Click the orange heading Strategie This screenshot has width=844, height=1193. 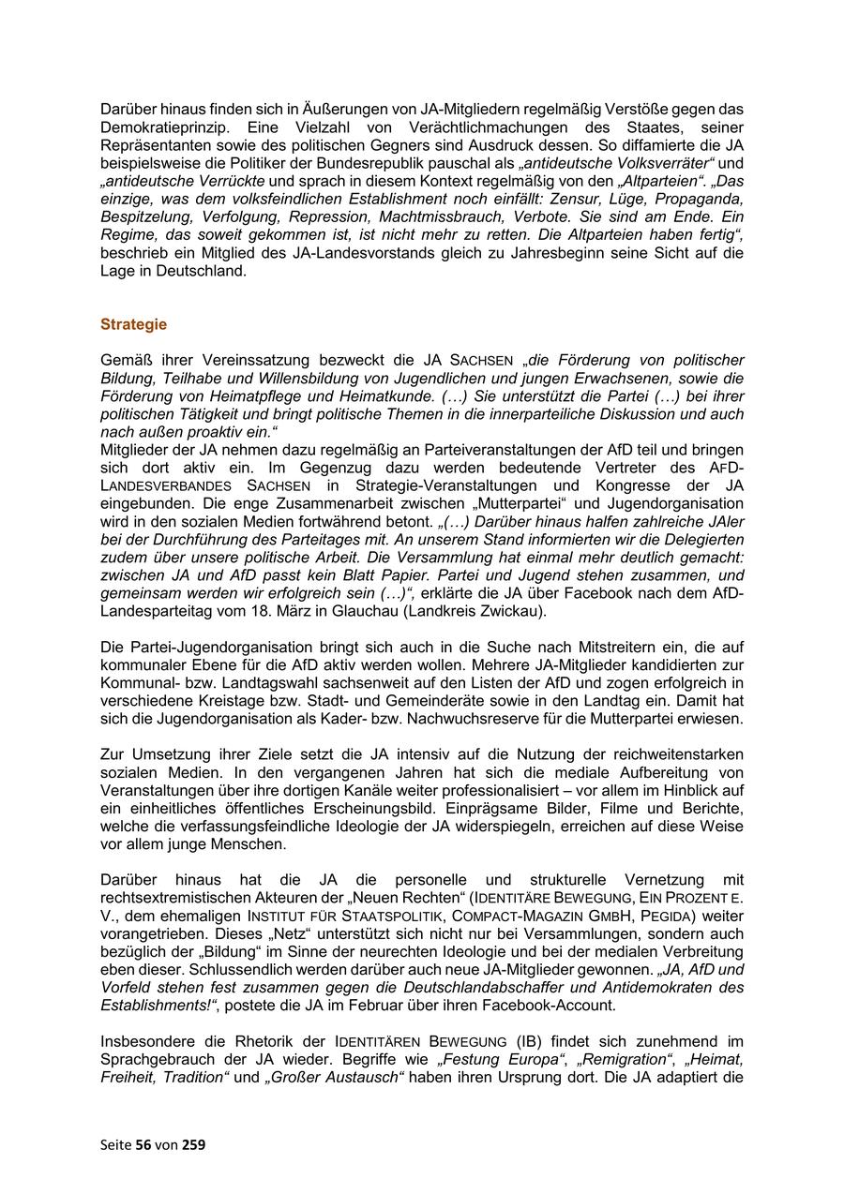pyautogui.click(x=133, y=324)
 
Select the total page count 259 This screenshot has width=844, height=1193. pyautogui.click(x=193, y=1144)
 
